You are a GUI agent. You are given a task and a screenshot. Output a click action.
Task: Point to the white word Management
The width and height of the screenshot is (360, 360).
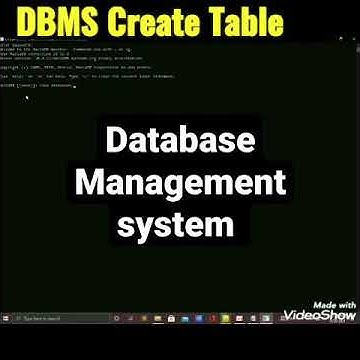pyautogui.click(x=181, y=183)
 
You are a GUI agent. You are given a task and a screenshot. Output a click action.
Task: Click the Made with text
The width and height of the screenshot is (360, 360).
pyautogui.click(x=334, y=304)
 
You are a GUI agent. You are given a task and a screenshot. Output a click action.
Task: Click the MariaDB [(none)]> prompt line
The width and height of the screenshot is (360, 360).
pyautogui.click(x=40, y=86)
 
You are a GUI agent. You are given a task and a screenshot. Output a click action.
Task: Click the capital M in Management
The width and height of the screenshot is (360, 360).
pyautogui.click(x=92, y=183)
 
